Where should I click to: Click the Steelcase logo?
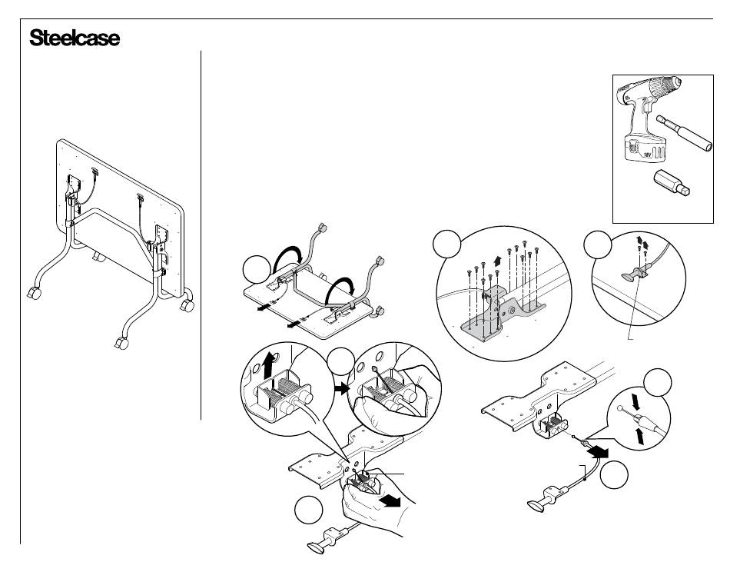[75, 38]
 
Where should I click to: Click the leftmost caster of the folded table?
[34, 294]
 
